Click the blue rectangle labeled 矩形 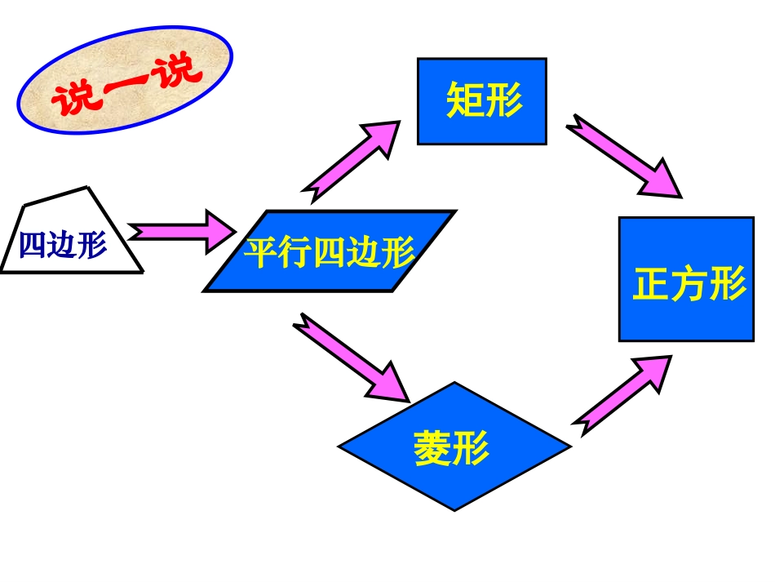pos(481,101)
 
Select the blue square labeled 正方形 pos(686,278)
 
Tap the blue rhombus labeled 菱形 pos(454,446)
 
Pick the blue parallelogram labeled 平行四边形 pos(329,251)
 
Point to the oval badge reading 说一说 pos(126,80)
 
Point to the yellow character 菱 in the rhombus pos(433,447)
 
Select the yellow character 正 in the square pos(650,285)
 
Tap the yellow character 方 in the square pos(689,285)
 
